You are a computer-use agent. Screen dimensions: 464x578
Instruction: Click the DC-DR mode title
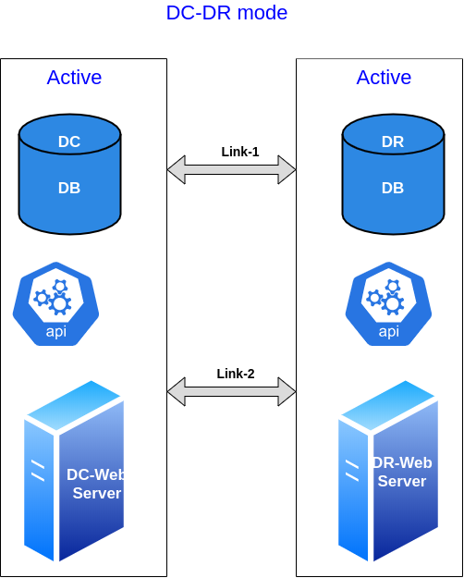pos(226,13)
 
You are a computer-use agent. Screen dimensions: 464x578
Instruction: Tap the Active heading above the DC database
pos(74,78)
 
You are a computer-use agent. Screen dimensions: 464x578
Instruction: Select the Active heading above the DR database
pos(384,78)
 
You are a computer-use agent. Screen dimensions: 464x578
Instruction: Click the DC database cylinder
pos(69,174)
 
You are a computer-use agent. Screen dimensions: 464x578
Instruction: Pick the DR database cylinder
pos(393,174)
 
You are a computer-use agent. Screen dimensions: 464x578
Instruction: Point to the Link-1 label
pos(240,152)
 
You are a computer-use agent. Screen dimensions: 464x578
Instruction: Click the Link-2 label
pos(236,374)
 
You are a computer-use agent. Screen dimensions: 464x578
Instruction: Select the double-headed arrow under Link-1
pos(231,169)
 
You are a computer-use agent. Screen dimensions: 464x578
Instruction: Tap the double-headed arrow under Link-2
pos(231,391)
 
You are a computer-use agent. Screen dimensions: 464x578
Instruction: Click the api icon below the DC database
pos(55,303)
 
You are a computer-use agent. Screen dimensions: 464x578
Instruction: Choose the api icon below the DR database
pos(388,303)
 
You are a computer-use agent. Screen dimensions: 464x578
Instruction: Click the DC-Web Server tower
pos(74,471)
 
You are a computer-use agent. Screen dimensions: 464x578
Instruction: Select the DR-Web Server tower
pos(388,471)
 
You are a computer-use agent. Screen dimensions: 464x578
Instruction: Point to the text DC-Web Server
pos(96,484)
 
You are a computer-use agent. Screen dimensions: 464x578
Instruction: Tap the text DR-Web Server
pos(402,472)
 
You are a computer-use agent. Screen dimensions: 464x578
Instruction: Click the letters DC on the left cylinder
pos(69,141)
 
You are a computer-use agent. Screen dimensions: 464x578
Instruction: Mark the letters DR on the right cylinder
pos(393,141)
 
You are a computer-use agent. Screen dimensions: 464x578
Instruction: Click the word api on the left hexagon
pos(56,331)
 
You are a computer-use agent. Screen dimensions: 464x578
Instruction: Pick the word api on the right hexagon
pos(389,331)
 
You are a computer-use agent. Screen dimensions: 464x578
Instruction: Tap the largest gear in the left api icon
pos(59,303)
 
